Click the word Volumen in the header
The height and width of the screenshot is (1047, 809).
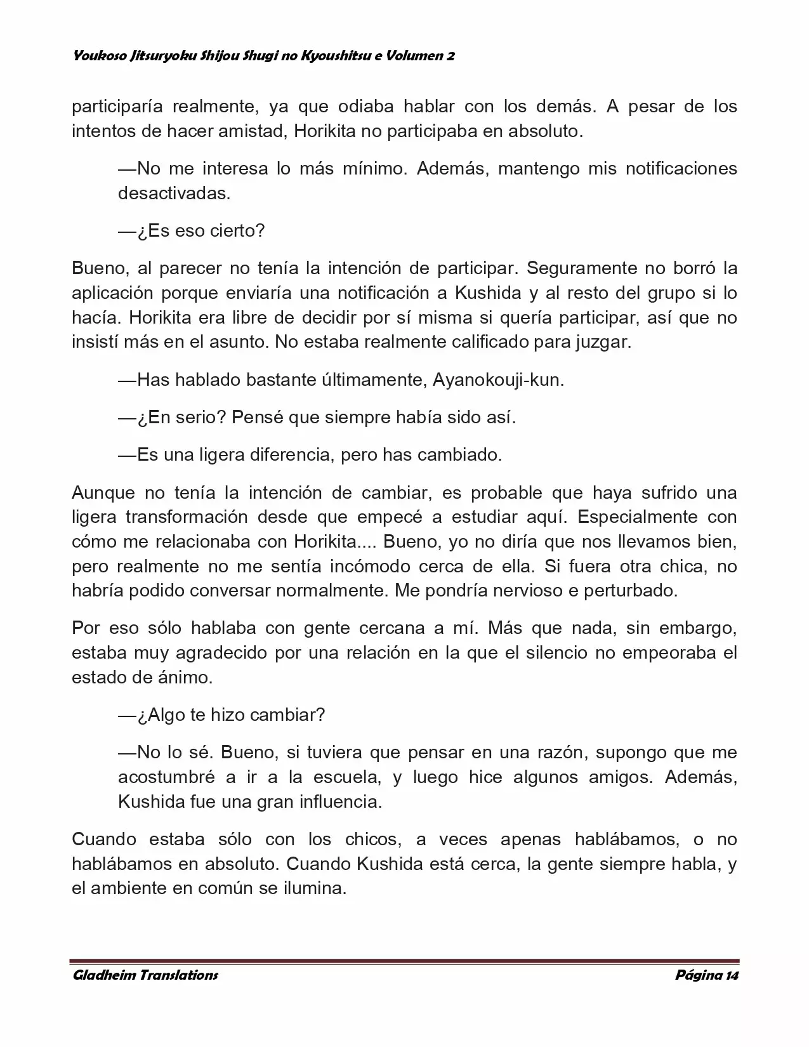click(x=414, y=56)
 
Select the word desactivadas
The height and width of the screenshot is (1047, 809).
click(x=174, y=193)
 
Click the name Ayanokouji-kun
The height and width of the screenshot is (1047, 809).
click(x=498, y=380)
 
